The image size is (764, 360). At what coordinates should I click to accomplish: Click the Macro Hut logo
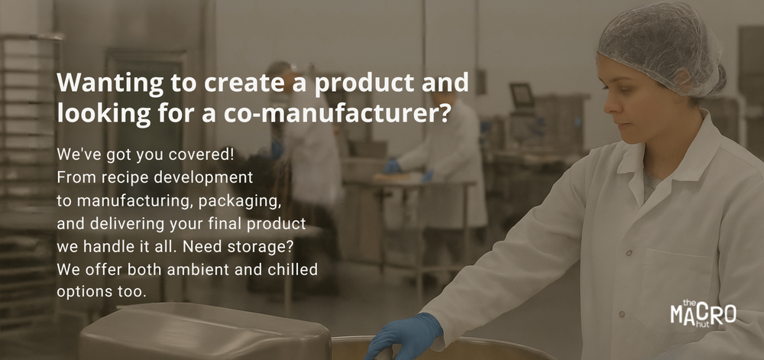click(x=703, y=313)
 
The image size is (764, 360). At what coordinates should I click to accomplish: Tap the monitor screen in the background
click(x=521, y=95)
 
